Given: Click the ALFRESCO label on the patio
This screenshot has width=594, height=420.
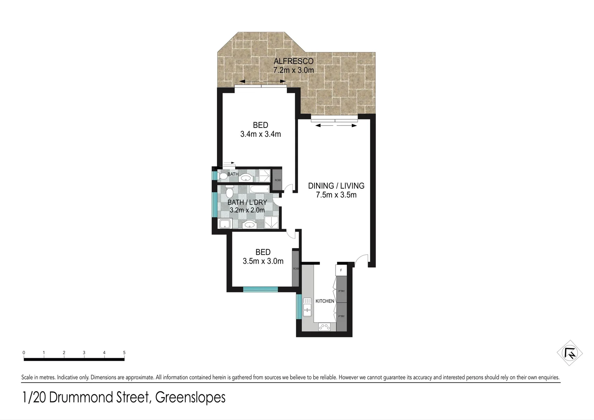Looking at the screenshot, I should click(x=293, y=61).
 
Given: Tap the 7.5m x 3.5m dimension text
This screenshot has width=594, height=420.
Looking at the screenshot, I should click(x=336, y=195).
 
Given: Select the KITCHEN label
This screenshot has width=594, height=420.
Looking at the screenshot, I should click(x=325, y=301).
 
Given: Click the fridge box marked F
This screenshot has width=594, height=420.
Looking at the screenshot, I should click(x=341, y=270).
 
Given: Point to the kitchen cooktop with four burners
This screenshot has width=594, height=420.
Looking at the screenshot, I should click(x=325, y=327).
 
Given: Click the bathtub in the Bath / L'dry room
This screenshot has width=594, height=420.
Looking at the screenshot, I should click(x=259, y=189).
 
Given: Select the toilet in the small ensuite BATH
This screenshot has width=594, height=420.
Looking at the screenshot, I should click(x=223, y=177).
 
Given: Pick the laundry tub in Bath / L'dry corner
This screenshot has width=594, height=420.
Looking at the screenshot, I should click(x=225, y=224).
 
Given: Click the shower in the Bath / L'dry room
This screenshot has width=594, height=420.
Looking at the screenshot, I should click(x=270, y=223).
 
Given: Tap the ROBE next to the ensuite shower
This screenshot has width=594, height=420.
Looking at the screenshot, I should click(x=278, y=180).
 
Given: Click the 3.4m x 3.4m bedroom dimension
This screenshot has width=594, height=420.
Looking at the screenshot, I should click(x=260, y=135).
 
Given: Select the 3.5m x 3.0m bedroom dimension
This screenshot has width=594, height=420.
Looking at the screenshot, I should click(x=263, y=261).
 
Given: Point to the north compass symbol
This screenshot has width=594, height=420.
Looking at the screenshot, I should click(x=570, y=353).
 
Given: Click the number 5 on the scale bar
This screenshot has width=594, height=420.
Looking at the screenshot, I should click(x=124, y=353).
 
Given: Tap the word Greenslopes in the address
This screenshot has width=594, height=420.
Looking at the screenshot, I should click(x=190, y=398).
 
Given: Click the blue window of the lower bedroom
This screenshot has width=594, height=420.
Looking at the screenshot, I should click(x=260, y=289).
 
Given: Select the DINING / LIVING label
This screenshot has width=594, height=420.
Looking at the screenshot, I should click(x=336, y=186).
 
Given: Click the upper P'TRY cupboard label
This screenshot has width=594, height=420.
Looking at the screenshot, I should click(x=341, y=291).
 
